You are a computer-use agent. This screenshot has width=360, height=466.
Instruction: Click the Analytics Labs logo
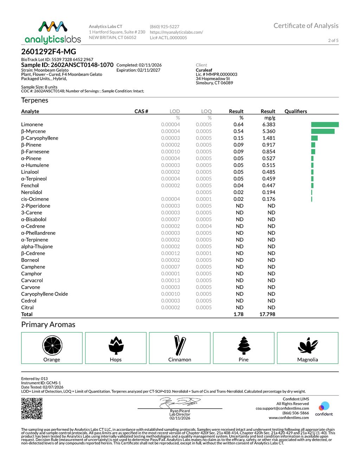53,32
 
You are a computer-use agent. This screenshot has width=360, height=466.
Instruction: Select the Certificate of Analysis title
306,26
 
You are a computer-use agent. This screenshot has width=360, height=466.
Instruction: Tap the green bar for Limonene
324,125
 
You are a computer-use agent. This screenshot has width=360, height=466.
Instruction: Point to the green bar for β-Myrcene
322,131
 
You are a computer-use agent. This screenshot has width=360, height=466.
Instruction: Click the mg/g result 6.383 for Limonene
269,125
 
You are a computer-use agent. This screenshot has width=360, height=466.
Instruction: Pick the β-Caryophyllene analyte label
40,138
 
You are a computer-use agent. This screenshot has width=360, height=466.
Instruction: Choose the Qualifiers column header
296,111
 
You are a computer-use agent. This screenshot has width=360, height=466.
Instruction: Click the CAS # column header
141,111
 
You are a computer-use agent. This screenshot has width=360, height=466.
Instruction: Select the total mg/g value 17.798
267,314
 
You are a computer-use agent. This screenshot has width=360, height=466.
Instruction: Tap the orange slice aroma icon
52,345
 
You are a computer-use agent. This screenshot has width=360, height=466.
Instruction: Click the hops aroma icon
116,345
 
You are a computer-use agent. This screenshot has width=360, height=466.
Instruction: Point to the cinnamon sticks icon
180,345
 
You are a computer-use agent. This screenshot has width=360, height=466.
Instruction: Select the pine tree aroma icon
244,345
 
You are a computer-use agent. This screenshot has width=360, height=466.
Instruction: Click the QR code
32,408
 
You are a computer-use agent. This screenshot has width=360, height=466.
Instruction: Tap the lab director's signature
180,402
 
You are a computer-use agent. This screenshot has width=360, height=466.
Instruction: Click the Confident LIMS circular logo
324,407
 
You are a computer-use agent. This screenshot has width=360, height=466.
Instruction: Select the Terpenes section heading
35,100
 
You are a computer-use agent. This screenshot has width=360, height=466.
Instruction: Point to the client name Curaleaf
204,70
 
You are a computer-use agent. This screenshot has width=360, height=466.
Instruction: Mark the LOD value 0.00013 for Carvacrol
171,280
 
